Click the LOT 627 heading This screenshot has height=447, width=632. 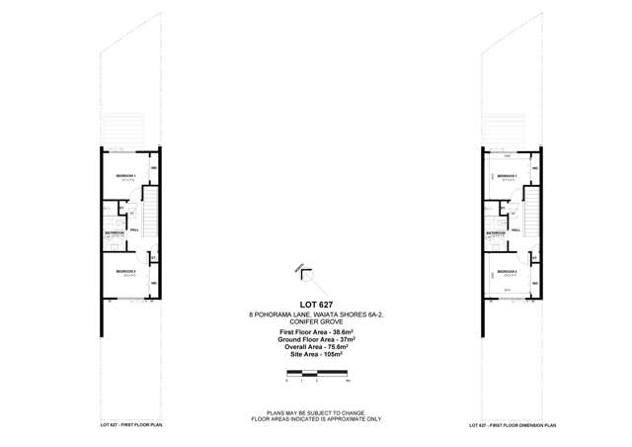315,303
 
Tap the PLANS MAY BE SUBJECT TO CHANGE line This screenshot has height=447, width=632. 315,412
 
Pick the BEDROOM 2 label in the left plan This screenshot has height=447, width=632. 124,271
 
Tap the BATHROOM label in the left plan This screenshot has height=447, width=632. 116,233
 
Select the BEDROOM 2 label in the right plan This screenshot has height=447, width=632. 504,271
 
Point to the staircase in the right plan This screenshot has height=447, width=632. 530,210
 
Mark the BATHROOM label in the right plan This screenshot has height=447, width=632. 495,233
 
